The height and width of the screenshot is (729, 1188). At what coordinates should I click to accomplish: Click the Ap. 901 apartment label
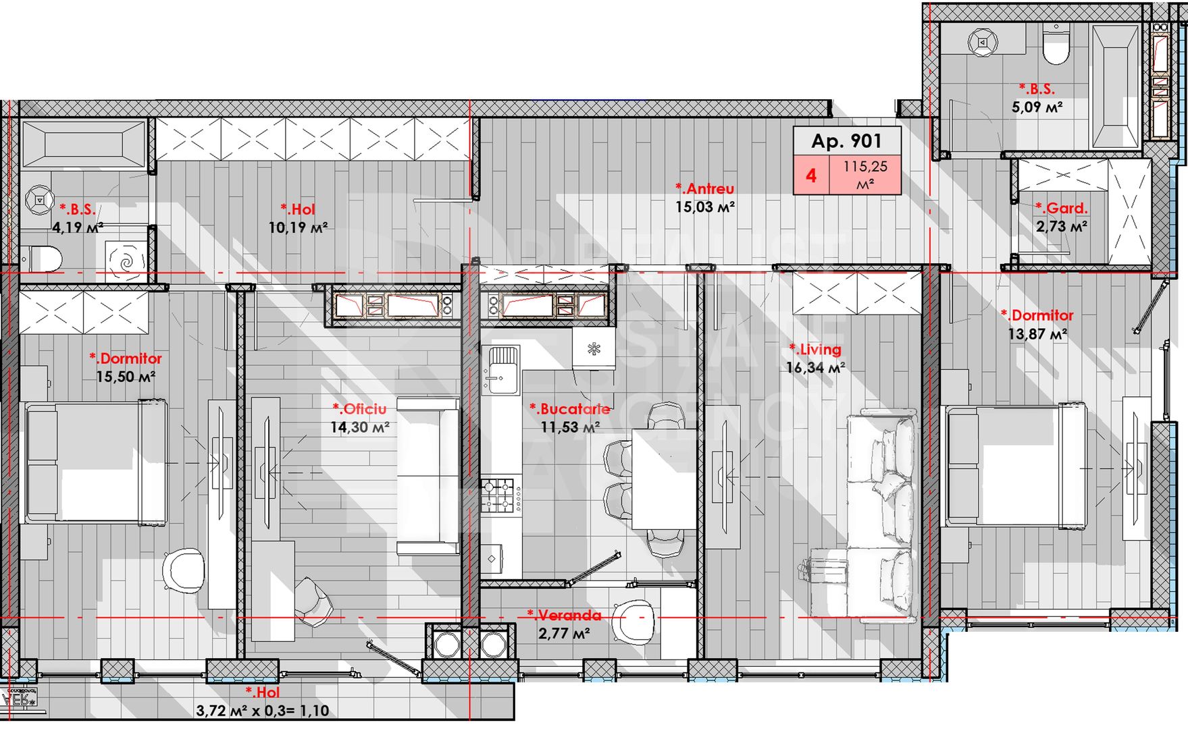[846, 141]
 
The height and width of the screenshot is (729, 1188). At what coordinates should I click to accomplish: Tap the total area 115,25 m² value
[865, 175]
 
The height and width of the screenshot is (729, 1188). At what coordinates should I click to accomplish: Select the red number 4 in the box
[811, 175]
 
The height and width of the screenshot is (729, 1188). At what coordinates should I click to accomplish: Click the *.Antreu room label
[704, 189]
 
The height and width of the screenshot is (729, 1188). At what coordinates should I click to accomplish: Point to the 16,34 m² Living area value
[815, 368]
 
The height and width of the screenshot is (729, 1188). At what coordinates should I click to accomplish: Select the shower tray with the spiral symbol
[126, 260]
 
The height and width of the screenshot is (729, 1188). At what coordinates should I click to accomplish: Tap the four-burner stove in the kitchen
[500, 495]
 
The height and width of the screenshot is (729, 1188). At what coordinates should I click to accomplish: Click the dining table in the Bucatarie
[664, 479]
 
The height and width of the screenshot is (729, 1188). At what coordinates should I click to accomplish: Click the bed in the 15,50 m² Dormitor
[95, 462]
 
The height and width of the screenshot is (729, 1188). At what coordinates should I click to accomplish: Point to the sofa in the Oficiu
[428, 476]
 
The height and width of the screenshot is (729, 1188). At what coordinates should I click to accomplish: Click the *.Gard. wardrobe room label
[1062, 209]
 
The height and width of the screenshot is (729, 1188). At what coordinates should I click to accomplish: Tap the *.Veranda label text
[564, 616]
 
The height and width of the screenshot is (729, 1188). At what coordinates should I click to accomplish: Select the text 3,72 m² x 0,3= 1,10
[262, 711]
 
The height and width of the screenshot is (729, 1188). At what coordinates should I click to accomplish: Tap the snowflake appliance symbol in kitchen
[594, 348]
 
